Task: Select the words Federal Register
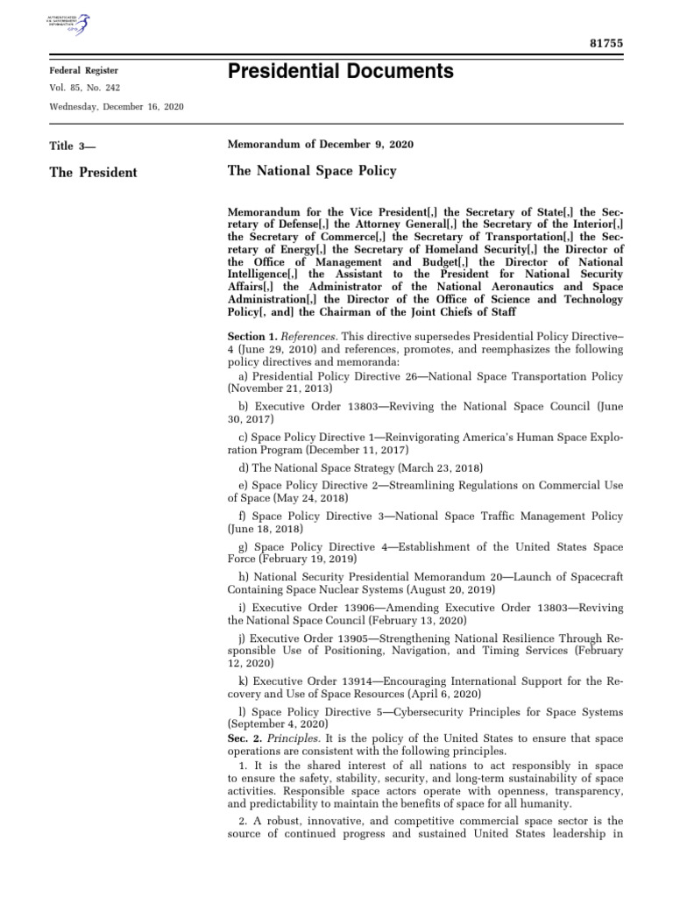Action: [83, 70]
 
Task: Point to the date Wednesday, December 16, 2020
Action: [117, 106]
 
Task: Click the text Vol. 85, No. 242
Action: [88, 88]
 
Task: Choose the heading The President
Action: [93, 172]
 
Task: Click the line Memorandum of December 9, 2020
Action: [321, 144]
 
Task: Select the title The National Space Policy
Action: [312, 170]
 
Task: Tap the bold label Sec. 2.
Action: [245, 739]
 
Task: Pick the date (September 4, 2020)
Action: [278, 725]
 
